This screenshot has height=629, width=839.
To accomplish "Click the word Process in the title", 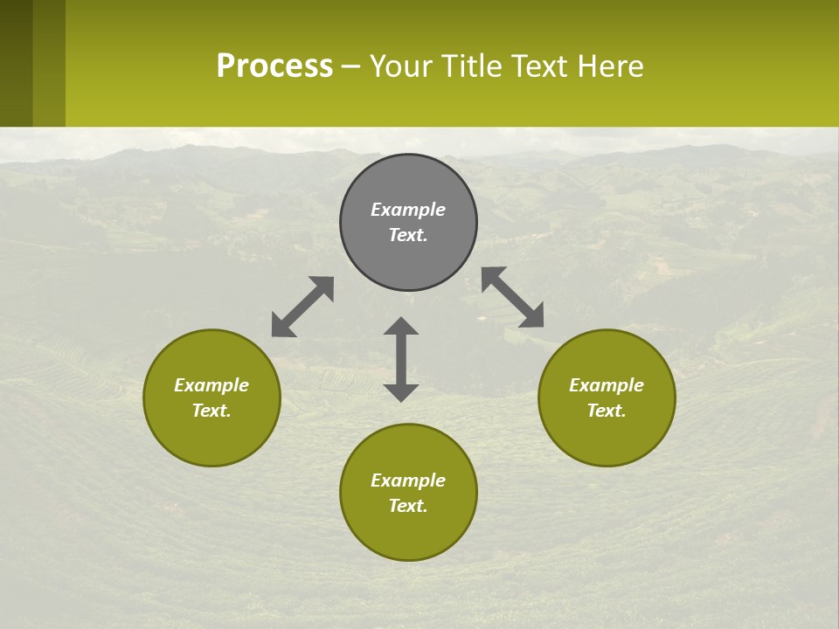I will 274,66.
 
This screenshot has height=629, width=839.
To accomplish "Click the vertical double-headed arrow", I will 401,359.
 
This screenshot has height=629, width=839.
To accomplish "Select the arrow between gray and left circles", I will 302,307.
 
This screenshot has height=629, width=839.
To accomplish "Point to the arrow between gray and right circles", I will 512,297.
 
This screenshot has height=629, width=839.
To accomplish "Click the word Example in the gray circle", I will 408,210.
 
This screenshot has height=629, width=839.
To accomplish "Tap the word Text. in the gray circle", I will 408,235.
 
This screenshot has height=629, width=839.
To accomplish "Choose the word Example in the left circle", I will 211,385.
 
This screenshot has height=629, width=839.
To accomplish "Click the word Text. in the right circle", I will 607,411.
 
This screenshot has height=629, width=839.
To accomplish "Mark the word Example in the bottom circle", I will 408,480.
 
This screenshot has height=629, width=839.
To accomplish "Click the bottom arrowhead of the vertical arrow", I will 401,392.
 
